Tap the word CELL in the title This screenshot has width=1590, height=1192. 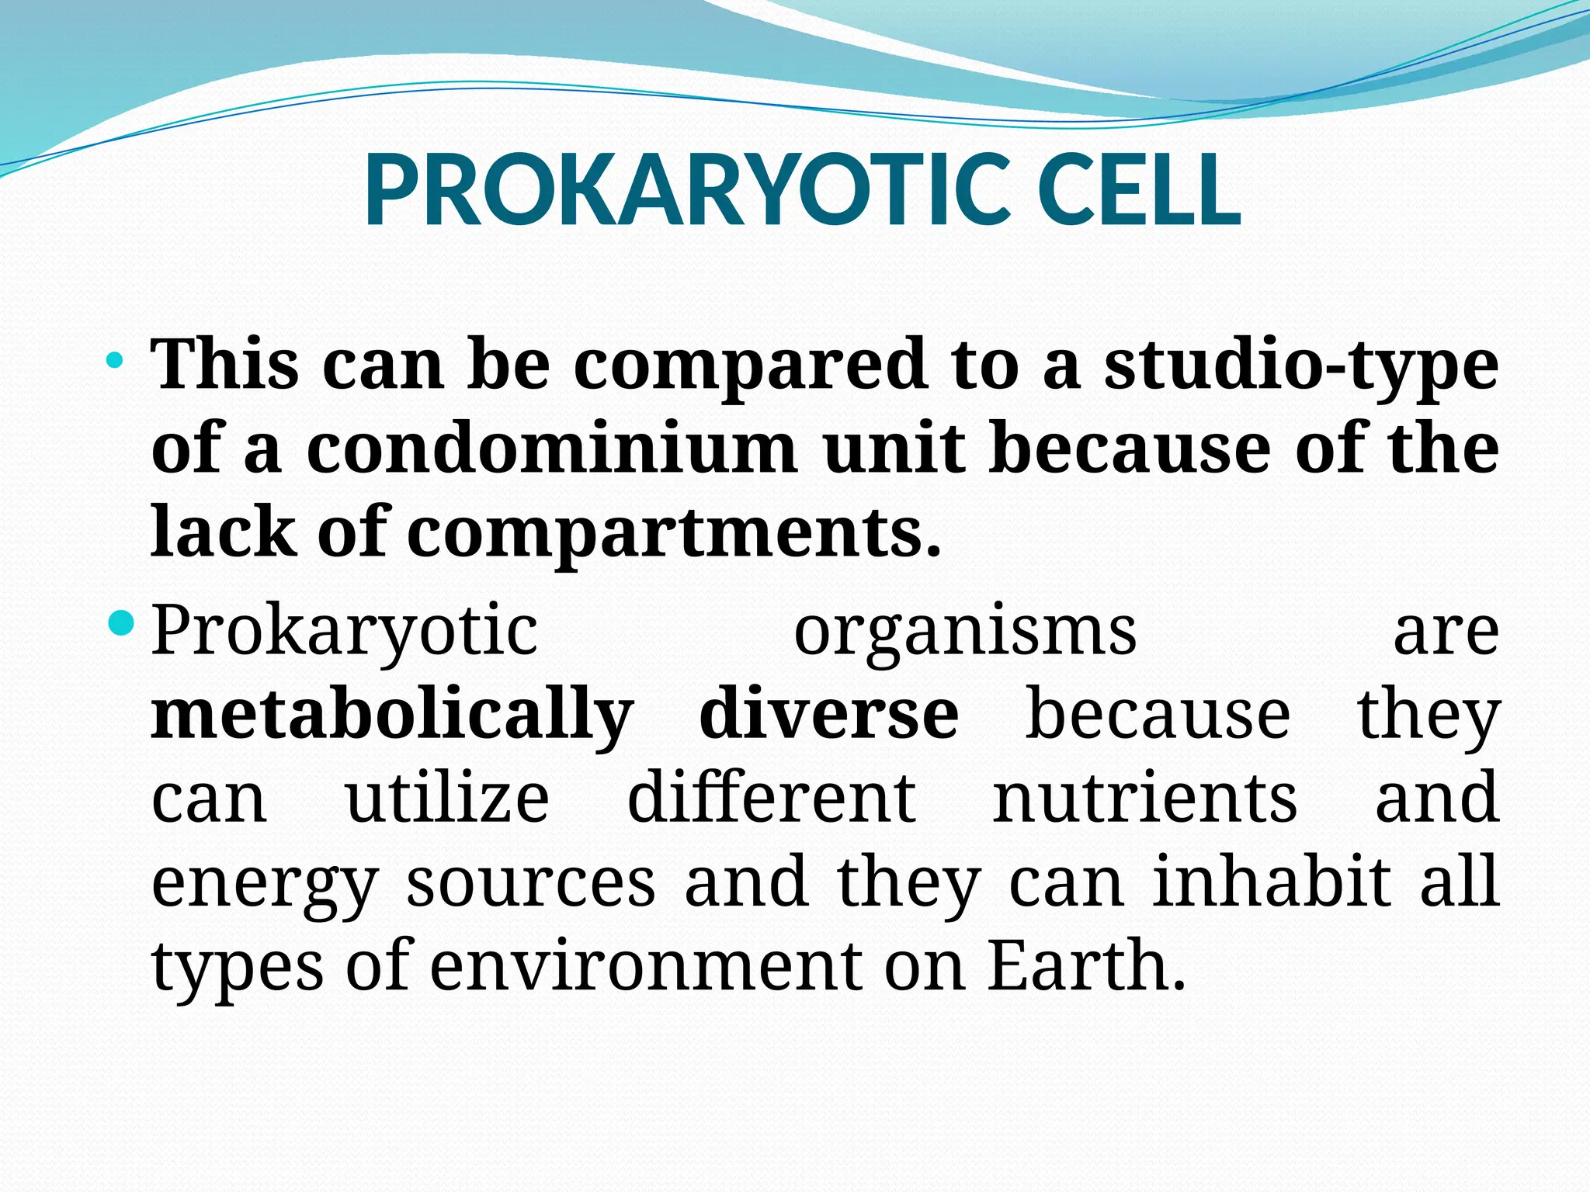tap(1138, 190)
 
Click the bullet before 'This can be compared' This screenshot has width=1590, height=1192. tap(115, 360)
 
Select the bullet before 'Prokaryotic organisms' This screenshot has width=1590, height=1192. tap(122, 622)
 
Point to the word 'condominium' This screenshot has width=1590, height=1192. tap(552, 449)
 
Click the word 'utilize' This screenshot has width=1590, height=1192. tap(447, 799)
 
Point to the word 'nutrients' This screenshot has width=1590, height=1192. tap(1144, 799)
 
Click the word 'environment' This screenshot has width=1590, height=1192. tap(646, 967)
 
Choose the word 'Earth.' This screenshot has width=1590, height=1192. tap(1086, 965)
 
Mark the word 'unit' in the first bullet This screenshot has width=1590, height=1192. tap(894, 449)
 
